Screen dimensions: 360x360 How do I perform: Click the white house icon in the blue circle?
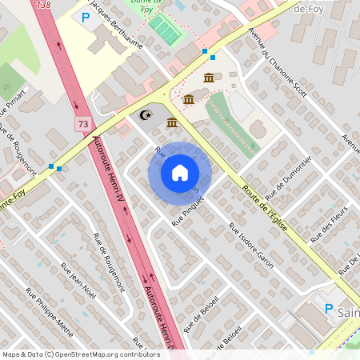[x=180, y=172]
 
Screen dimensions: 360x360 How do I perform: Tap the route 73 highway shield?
[x=83, y=124]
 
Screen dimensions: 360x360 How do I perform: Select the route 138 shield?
[x=43, y=4]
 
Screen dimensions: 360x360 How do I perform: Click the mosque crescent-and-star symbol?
[x=145, y=115]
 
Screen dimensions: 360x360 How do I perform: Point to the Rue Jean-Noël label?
[x=78, y=281]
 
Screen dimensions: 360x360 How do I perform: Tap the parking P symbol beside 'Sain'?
[x=328, y=309]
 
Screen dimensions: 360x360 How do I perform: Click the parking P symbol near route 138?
[x=86, y=17]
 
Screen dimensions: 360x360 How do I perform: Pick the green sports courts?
[x=166, y=31]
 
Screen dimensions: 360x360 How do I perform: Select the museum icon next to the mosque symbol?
[x=172, y=122]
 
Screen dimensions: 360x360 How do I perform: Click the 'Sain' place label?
[x=349, y=311]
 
